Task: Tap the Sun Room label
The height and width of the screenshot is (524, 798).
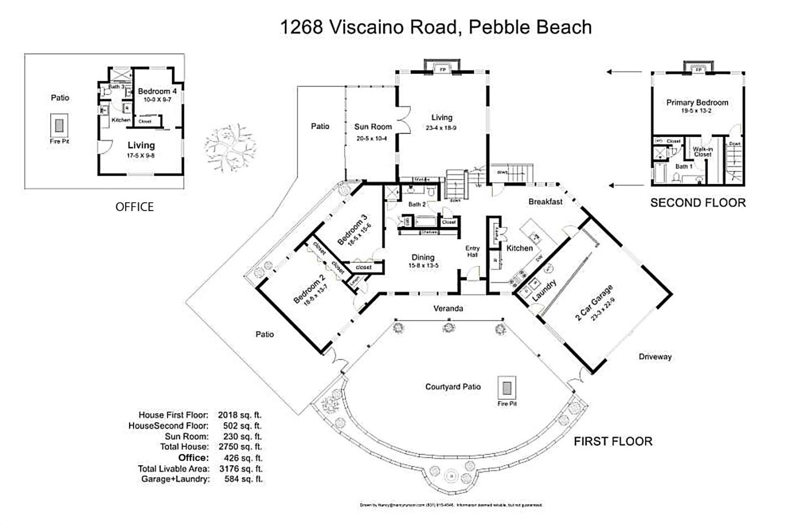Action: [373, 127]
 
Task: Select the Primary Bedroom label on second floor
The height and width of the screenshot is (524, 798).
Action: [697, 102]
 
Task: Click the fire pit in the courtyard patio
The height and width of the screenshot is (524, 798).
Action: [507, 387]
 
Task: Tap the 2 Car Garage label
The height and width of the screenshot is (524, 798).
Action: [594, 303]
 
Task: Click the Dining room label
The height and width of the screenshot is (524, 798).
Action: [423, 258]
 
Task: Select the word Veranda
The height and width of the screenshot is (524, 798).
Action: [448, 309]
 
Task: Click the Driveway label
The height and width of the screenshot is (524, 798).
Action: [654, 357]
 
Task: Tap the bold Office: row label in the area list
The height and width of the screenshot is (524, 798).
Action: [193, 458]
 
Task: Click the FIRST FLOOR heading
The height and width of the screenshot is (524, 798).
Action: [613, 441]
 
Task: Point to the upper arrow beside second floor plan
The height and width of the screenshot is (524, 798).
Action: [626, 72]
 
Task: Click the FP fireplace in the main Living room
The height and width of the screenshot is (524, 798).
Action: [442, 70]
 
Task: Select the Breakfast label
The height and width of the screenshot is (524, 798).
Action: [545, 202]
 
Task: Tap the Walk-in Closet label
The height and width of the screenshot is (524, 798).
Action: [702, 152]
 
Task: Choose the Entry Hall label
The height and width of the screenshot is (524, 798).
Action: [472, 251]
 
